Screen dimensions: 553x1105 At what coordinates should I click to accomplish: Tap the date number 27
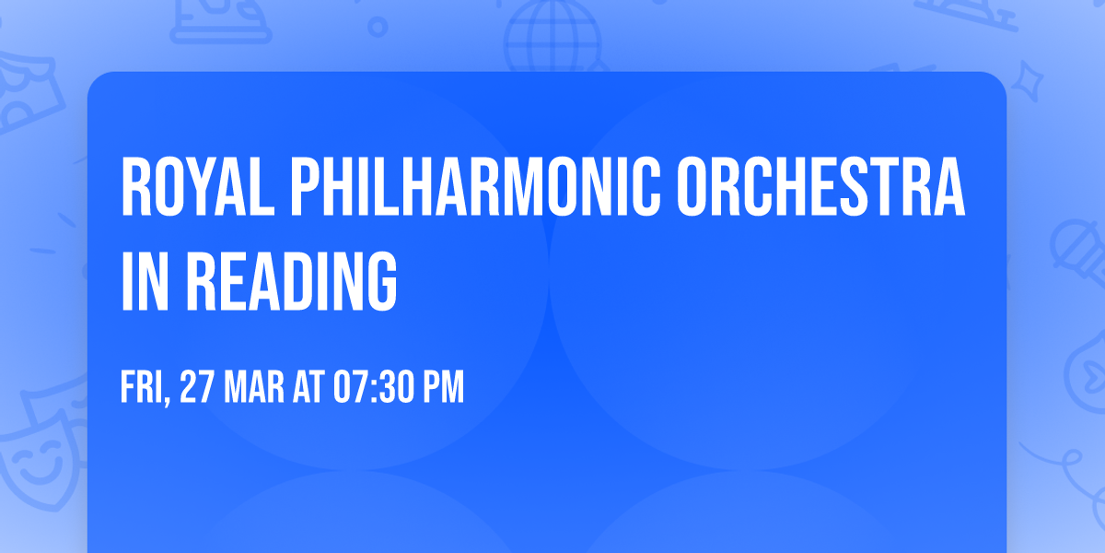pyautogui.click(x=197, y=388)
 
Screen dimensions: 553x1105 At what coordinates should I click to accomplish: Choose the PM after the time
pyautogui.click(x=444, y=388)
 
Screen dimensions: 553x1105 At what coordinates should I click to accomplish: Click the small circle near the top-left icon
pyautogui.click(x=378, y=28)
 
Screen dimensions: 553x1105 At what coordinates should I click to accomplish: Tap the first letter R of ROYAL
pyautogui.click(x=134, y=187)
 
